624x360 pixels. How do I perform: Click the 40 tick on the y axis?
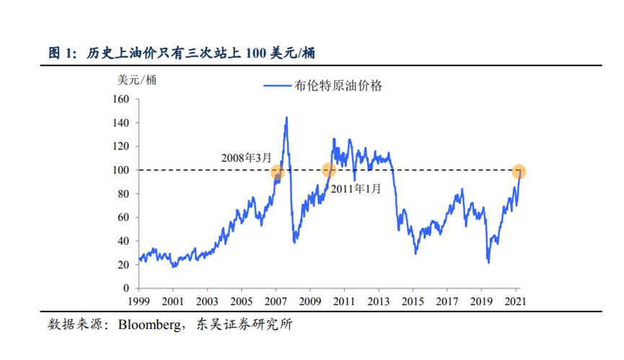click(123, 241)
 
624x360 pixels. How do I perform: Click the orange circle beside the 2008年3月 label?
click(277, 172)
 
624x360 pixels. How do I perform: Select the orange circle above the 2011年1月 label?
click(328, 170)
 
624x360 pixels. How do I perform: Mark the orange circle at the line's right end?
click(519, 172)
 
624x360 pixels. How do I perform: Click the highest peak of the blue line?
click(286, 118)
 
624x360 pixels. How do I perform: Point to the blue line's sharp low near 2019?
click(488, 262)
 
